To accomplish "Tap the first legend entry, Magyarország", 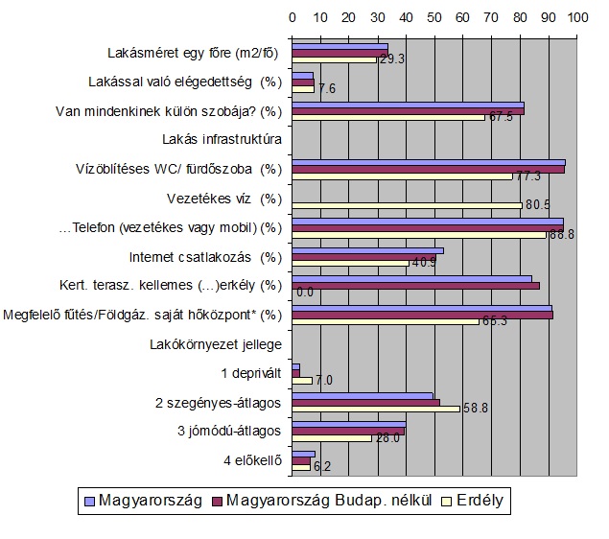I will click(144, 500).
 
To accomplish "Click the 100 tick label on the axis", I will click(576, 17).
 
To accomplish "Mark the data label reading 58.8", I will click(476, 408).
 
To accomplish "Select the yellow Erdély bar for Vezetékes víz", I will click(407, 205).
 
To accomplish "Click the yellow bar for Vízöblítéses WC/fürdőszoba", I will click(402, 176).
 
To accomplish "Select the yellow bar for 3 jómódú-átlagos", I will click(332, 437).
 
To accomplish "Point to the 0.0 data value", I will click(306, 292).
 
